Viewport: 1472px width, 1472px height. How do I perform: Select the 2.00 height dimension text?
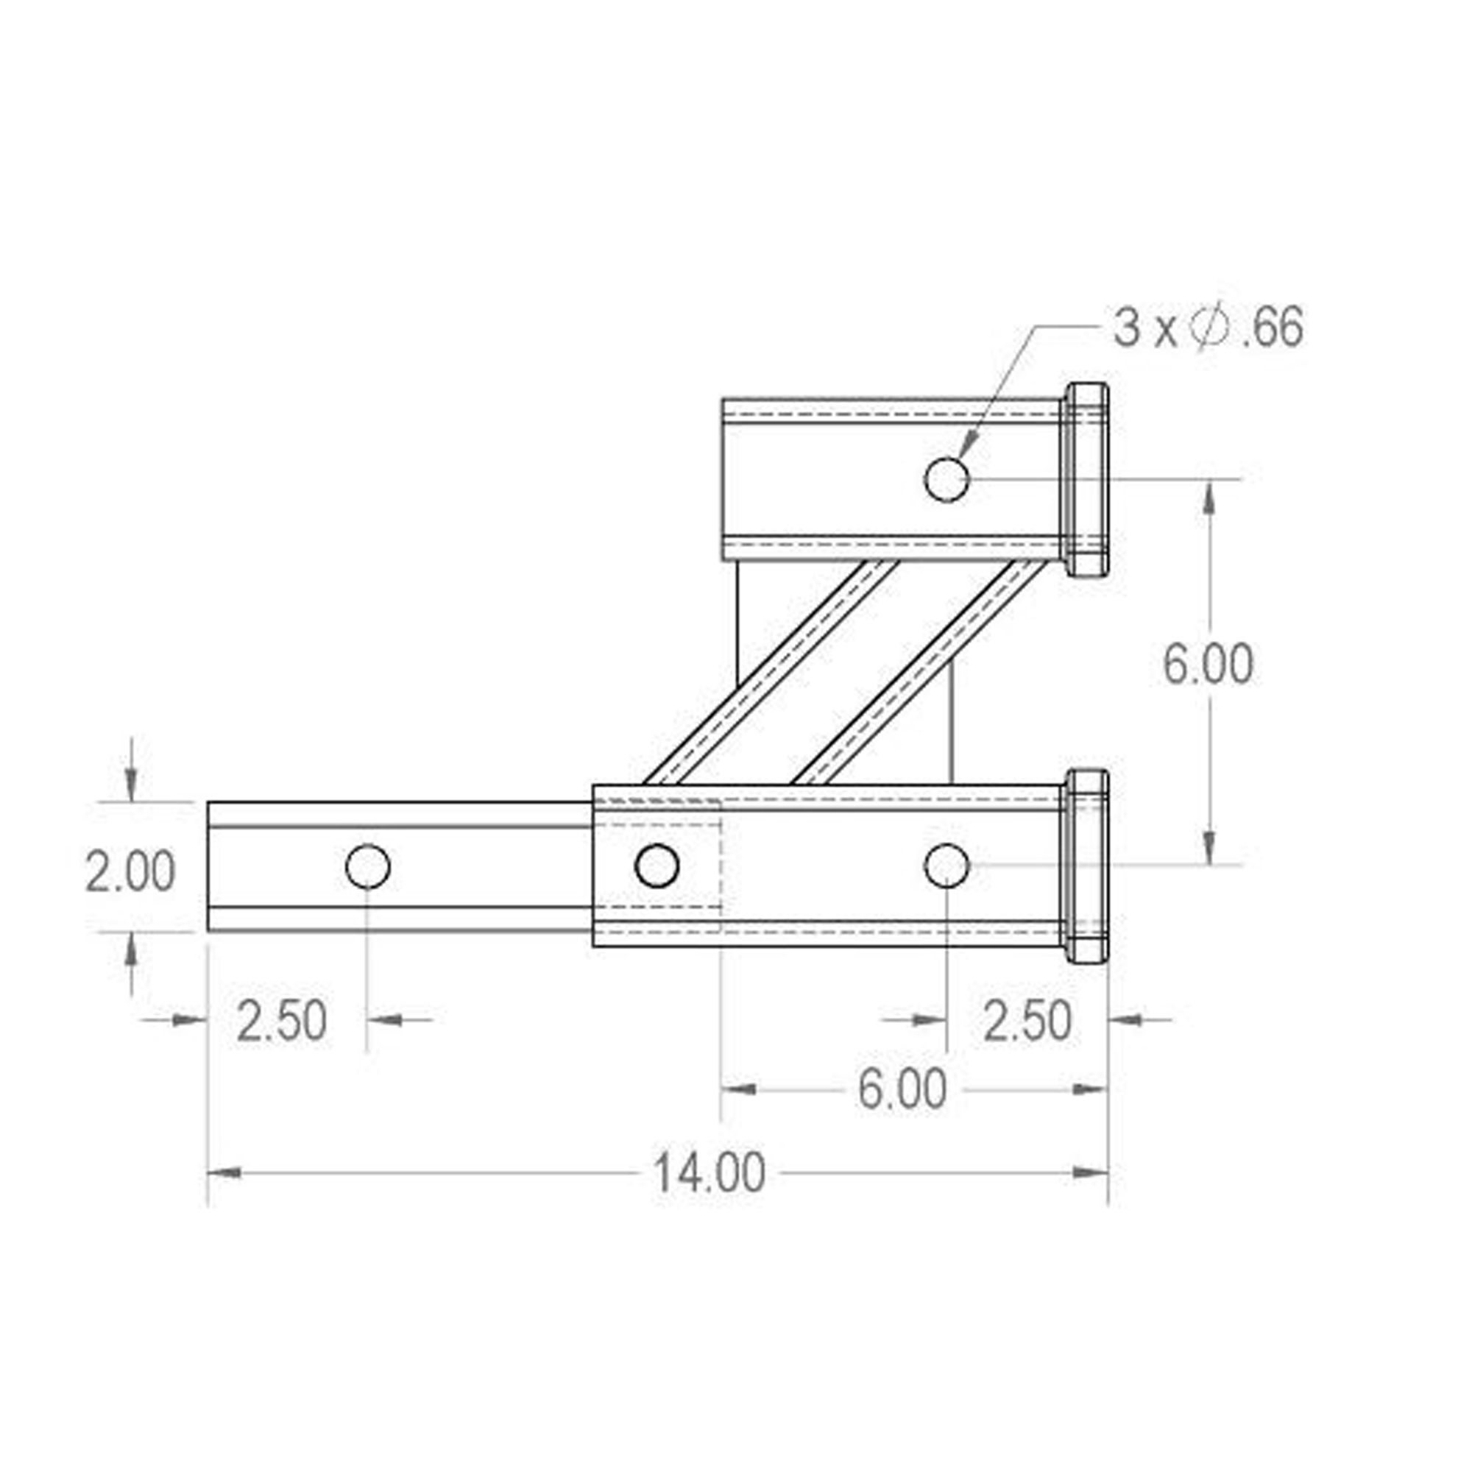tap(130, 871)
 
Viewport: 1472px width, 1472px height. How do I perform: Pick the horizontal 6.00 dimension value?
tap(903, 1089)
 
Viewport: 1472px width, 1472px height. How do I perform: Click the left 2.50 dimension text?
tap(282, 1021)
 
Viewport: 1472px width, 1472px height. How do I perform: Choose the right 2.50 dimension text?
tap(1027, 1021)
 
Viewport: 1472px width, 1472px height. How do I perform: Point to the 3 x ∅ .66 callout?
tap(1209, 328)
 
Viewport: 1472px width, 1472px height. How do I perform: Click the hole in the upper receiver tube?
tap(946, 479)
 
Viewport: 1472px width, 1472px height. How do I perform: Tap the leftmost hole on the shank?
tap(368, 866)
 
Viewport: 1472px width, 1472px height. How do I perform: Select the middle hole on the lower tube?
tap(657, 866)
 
